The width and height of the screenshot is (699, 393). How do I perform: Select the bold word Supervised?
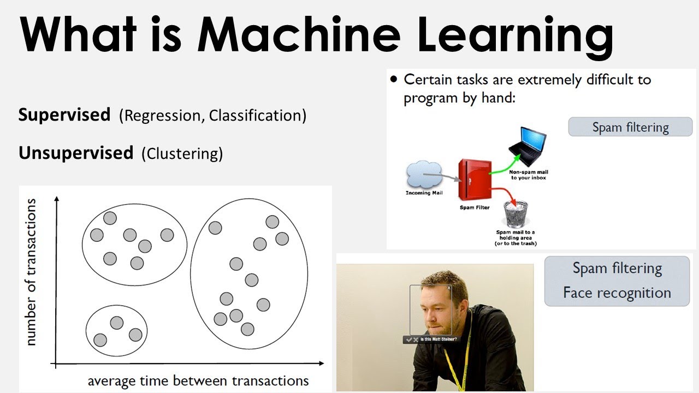64,115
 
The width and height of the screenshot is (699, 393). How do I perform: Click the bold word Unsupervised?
76,153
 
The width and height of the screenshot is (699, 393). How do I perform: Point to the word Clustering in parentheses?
182,154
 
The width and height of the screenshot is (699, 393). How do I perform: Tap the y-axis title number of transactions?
31,272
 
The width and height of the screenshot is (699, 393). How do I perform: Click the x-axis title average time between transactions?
198,380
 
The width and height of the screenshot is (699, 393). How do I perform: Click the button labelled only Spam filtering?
630,128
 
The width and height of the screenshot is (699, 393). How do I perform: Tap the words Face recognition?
617,293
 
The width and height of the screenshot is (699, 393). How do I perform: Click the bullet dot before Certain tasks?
394,80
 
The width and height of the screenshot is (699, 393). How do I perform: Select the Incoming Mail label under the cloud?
424,193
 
